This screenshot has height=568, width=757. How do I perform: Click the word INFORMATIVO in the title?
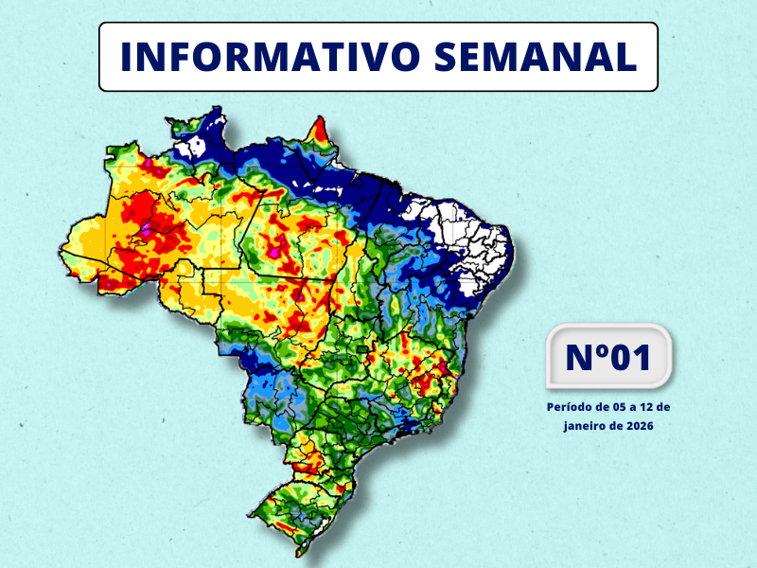coord(269,57)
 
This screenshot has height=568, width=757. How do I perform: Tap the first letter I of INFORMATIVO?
coord(128,57)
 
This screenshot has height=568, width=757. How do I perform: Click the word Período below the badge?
coord(570,407)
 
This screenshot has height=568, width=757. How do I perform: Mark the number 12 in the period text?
coord(648,407)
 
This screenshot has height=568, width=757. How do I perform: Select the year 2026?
coord(640,426)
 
